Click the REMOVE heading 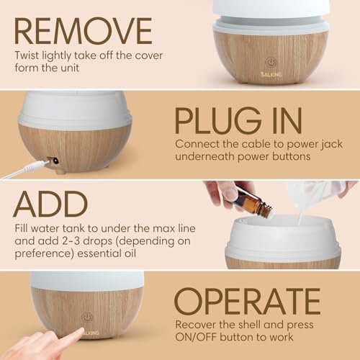click(83, 31)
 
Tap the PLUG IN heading click(238, 120)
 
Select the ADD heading click(50, 204)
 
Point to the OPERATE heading click(247, 301)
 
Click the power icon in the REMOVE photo click(271, 63)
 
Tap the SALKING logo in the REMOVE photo click(271, 74)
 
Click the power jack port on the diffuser click(54, 161)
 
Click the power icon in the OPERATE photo click(87, 318)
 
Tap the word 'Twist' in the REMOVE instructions click(27, 55)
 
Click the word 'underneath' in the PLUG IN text click(205, 156)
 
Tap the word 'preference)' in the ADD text click(45, 254)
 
